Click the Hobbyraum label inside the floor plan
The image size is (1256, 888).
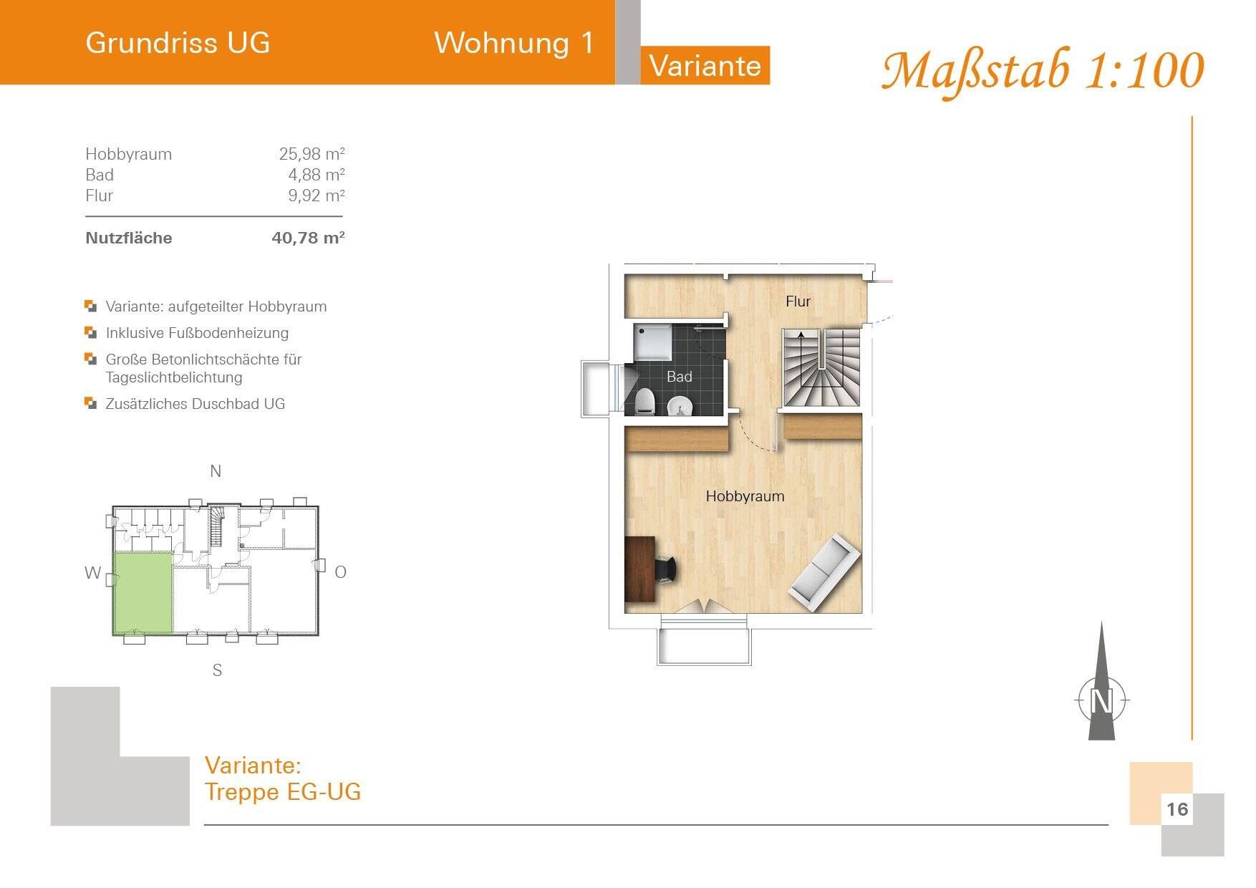point(745,496)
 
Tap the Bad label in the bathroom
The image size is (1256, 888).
point(679,377)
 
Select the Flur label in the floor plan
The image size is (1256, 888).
point(798,301)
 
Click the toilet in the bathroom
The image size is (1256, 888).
point(644,401)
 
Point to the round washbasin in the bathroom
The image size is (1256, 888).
point(679,407)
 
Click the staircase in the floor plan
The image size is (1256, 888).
point(821,368)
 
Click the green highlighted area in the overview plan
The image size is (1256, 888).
point(143,592)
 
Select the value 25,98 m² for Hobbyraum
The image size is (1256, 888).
point(311,154)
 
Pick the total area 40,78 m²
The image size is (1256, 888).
point(308,238)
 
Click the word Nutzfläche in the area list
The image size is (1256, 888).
point(129,238)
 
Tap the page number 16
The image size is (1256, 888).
point(1177,809)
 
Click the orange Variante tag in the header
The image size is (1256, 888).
point(705,66)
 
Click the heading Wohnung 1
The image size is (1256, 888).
point(514,43)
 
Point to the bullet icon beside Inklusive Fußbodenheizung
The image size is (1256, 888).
point(90,332)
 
